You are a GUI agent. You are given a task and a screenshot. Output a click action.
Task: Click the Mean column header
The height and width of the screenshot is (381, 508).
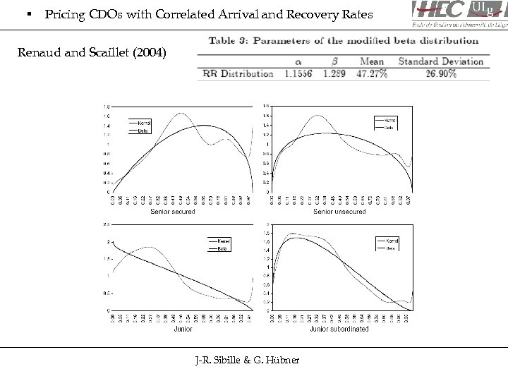pos(372,61)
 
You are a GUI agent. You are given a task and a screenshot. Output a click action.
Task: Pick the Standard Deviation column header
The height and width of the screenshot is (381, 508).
pos(441,61)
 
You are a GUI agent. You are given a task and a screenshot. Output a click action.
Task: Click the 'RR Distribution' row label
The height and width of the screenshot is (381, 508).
pos(238,73)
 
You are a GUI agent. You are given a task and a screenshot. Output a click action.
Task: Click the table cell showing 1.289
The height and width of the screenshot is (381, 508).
pos(337,73)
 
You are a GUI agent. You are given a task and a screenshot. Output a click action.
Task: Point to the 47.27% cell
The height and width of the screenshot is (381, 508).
pos(372,73)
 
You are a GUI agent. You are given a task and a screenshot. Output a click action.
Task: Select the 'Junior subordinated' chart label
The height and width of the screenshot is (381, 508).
pos(339,329)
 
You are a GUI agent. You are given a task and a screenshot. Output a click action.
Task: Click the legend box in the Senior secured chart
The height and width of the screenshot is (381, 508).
pos(143,125)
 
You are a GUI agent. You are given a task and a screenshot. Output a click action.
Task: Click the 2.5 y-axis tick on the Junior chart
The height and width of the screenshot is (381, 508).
pos(106,224)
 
